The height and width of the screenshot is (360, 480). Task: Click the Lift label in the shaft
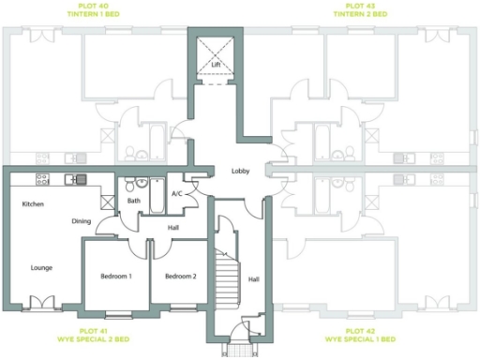pos(215,65)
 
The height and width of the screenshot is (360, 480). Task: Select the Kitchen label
pos(34,203)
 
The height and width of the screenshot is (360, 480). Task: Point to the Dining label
pos(82,221)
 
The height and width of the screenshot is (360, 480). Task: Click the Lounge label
pos(41,267)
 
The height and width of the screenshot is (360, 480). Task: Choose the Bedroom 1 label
pos(116,277)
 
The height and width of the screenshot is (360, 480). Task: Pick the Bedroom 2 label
pos(180,277)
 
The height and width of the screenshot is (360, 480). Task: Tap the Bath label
pos(134,201)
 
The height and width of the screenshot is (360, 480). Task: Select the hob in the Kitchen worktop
pos(42,179)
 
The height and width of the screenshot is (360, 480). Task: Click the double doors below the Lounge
pos(41,302)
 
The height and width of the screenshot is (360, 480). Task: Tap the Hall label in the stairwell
pos(253,279)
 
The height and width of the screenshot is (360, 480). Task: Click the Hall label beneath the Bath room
pos(173,227)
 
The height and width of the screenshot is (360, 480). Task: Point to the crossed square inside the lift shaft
pos(215,51)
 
